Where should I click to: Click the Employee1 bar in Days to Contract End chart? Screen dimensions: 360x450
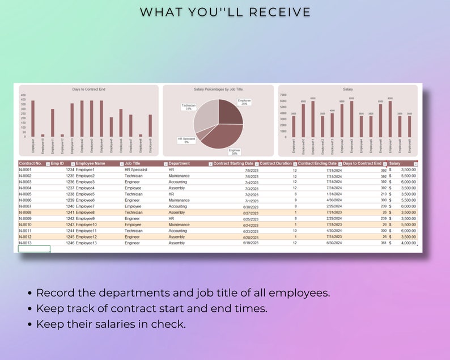click(33, 118)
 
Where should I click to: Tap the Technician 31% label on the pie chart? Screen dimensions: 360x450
click(189, 107)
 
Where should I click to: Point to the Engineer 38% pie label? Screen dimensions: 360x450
click(234, 151)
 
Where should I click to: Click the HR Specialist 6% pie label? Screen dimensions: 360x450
click(186, 140)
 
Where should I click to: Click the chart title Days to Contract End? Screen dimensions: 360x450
click(88, 90)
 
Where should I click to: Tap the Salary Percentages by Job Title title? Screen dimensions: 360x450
click(218, 90)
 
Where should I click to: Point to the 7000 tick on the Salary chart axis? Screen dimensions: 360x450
click(283, 95)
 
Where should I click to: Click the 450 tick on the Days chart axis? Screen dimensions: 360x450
click(23, 95)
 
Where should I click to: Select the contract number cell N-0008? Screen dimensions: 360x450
click(26, 213)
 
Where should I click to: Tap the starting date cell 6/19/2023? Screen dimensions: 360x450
click(251, 243)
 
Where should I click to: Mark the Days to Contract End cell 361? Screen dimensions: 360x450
click(383, 243)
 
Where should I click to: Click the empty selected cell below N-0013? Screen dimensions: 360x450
click(34, 249)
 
